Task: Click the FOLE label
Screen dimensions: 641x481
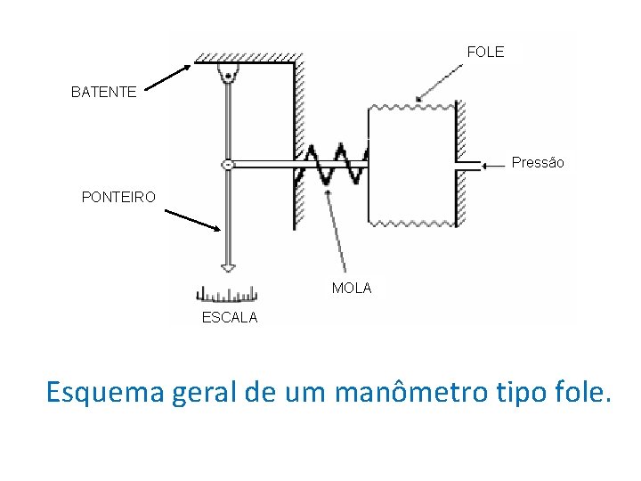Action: [x=485, y=52]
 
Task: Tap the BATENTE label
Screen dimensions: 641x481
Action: [x=104, y=92]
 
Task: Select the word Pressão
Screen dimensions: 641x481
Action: [x=538, y=163]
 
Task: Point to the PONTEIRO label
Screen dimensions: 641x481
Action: [x=118, y=197]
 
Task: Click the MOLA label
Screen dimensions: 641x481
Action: [x=352, y=289]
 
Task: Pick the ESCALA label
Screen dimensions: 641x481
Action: [x=230, y=318]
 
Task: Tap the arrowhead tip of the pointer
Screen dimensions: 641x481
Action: [x=228, y=268]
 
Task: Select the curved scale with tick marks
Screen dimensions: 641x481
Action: [x=226, y=295]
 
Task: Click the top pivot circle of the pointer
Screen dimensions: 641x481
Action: [x=228, y=77]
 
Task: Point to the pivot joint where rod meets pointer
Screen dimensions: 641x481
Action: [x=228, y=165]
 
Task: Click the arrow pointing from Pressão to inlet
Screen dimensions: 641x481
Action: [x=495, y=165]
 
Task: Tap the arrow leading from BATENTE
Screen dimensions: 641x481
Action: [x=167, y=78]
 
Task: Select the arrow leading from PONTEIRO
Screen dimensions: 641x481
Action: [x=192, y=220]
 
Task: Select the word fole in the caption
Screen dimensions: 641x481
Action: [x=585, y=391]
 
